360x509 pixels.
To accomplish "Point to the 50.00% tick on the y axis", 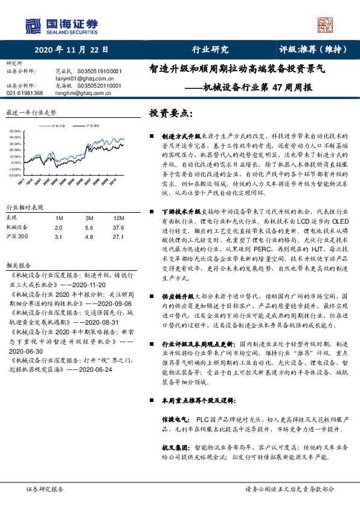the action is point(16,131).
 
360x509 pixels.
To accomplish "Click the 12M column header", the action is point(118,218).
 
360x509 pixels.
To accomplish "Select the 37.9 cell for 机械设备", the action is point(117,227).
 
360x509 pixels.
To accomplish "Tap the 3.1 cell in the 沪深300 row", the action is point(58,237).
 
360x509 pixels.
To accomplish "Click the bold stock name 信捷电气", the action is point(173,419).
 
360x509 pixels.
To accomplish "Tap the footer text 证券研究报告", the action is point(45,489).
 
